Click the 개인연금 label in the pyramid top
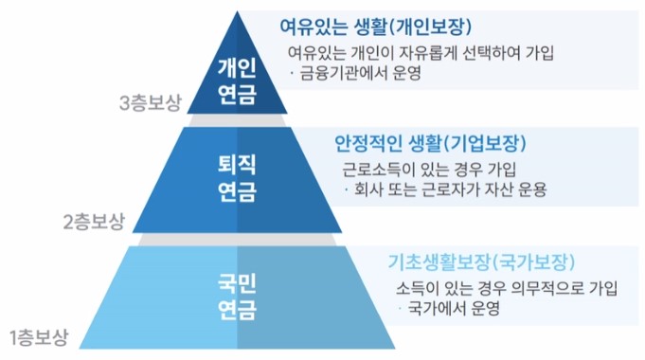click(237, 82)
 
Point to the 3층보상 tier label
click(151, 105)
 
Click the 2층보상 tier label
click(94, 223)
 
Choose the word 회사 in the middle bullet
click(366, 189)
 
